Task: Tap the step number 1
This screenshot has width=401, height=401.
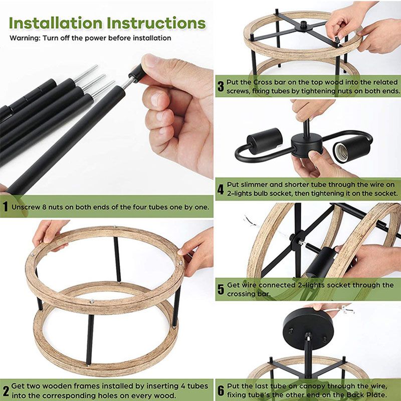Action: point(5,207)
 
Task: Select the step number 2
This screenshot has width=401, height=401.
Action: point(5,390)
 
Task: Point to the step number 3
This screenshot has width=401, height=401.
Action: point(220,86)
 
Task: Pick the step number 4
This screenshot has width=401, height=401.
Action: point(220,189)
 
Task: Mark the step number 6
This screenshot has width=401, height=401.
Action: point(220,390)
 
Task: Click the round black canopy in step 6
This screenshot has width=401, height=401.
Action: point(304,324)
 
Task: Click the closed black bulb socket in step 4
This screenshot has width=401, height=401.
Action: point(264,140)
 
